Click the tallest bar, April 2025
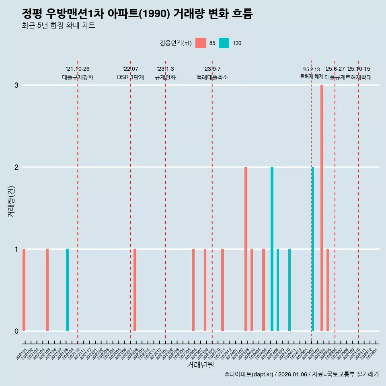coord(322,208)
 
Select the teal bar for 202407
coord(272,249)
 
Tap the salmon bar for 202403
coord(246,249)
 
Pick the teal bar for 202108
coord(68,290)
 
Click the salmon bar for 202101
coord(24,290)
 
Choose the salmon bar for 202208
coord(135,290)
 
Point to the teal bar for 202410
coord(289,290)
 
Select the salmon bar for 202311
coord(222,290)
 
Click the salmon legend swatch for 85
coord(200,43)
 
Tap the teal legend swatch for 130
coord(224,43)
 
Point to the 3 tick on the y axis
coord(16,85)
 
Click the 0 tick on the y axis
coord(16,331)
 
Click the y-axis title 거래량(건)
coord(11,201)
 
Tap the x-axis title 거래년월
coord(200,365)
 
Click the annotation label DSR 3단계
coord(130,77)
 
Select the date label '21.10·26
coord(78,69)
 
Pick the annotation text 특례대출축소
coord(212,77)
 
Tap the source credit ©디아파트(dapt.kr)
coord(249,374)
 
